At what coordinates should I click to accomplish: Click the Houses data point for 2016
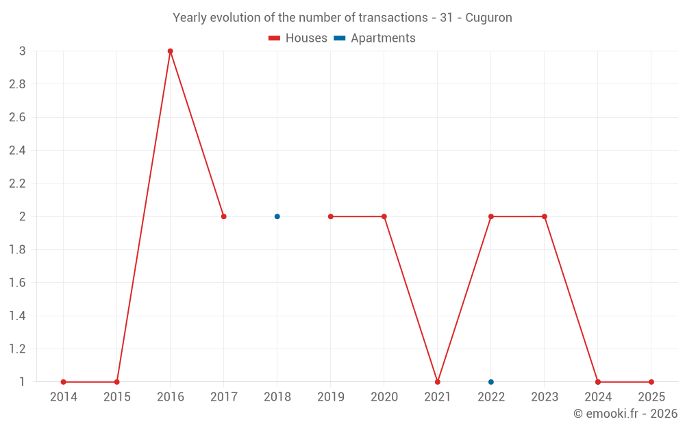point(171,51)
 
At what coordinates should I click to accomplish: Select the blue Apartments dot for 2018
point(277,216)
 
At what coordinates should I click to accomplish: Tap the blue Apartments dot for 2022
point(491,382)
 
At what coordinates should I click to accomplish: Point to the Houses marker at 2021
point(438,382)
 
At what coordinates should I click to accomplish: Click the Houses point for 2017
point(224,216)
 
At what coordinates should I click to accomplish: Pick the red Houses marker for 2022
point(491,216)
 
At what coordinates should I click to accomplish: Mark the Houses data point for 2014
point(64,382)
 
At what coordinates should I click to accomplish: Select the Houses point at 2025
point(651,382)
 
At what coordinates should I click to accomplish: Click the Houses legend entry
point(298,38)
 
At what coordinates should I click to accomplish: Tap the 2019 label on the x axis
point(331,397)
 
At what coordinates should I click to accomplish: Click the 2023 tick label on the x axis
point(545,397)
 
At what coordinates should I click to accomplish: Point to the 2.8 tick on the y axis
point(17,84)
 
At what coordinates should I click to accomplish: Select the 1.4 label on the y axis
point(17,316)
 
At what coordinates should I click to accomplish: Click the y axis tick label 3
point(23,51)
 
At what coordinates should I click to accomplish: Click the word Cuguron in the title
point(488,18)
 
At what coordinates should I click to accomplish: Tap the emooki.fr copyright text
point(625,414)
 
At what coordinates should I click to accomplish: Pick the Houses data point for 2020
point(384,216)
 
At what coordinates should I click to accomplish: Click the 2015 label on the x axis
point(117,397)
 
